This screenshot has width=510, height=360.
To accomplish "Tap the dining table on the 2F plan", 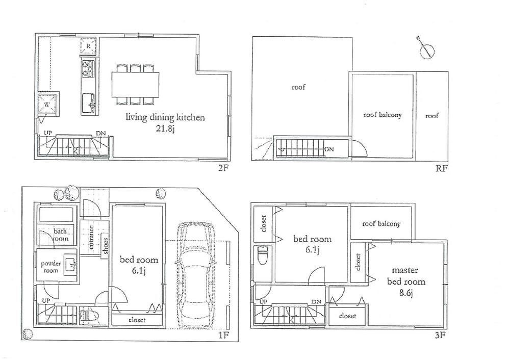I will coord(135,83).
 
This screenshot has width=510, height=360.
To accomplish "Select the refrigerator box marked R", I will coord(88,48).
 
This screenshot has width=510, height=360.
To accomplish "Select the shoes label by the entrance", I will coord(105,245).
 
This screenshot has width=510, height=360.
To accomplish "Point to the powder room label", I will coord(51,267).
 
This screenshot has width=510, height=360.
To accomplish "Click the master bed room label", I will coord(405,275).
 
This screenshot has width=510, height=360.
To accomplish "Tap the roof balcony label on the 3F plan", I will coord(381,224).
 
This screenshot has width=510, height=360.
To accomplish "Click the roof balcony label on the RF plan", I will coord(382,115).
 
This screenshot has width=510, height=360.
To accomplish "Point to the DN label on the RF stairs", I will coord(330,149).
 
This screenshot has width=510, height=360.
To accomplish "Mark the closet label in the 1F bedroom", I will coord(138,320).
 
